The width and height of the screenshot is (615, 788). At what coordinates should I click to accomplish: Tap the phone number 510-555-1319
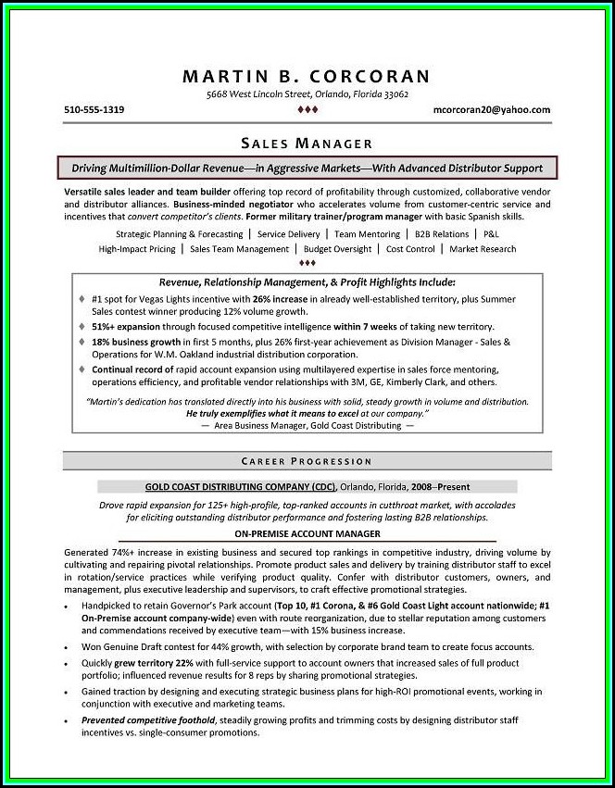94,109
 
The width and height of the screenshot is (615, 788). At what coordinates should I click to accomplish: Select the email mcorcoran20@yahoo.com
491,109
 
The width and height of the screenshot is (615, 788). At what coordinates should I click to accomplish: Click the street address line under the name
307,94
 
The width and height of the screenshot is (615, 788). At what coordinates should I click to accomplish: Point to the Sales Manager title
307,144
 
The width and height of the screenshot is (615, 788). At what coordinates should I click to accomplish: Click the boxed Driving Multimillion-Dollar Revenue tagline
307,169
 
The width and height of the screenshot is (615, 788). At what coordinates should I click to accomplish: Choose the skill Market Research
483,249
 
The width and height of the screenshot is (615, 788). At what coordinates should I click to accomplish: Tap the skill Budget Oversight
337,249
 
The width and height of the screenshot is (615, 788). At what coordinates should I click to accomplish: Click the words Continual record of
132,369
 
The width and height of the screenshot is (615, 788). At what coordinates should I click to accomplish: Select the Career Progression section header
307,460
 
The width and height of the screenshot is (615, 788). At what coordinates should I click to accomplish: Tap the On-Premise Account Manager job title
307,534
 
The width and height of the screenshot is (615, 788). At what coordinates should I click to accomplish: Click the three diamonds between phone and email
307,110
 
